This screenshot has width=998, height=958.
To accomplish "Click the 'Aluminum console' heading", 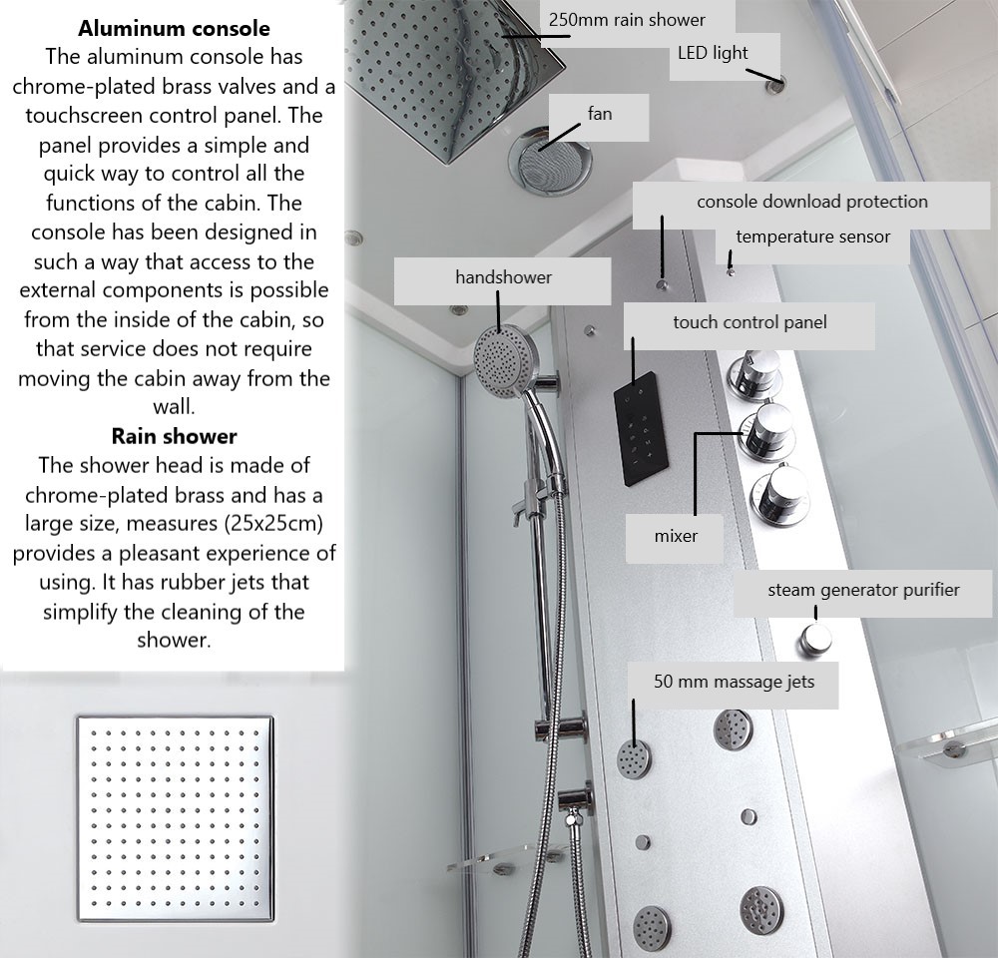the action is pos(174,29).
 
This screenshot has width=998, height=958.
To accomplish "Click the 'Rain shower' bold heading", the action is pos(174,436).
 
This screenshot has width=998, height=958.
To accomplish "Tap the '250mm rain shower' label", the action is pos(627,20).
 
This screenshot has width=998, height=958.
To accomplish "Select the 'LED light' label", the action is pos(713,53).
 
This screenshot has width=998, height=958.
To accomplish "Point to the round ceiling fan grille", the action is pos(550,161).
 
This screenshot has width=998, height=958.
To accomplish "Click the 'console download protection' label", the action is pos(812,202).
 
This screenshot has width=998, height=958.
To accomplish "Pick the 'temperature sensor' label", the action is pos(812,237).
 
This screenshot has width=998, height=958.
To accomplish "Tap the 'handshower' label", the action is pos(503,277).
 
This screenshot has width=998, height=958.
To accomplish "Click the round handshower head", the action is pos(504,361).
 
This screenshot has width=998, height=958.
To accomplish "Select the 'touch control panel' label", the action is pos(749,322).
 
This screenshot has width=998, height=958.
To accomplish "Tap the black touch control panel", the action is pos(641,428).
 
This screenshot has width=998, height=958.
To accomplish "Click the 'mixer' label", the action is pos(676,536).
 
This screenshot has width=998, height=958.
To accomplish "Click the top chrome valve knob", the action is pos(755,374).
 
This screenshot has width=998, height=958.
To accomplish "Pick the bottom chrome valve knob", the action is pos(780,495).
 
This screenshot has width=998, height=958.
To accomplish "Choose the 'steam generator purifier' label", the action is pos(863,590).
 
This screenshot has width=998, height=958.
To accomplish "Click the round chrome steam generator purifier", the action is pos(815,639).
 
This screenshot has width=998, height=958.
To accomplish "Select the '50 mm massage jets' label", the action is pos(734,682).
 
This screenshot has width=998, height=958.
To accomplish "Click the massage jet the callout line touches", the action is pos(634,758).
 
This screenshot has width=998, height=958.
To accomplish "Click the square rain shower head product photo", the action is pos(175,818).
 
